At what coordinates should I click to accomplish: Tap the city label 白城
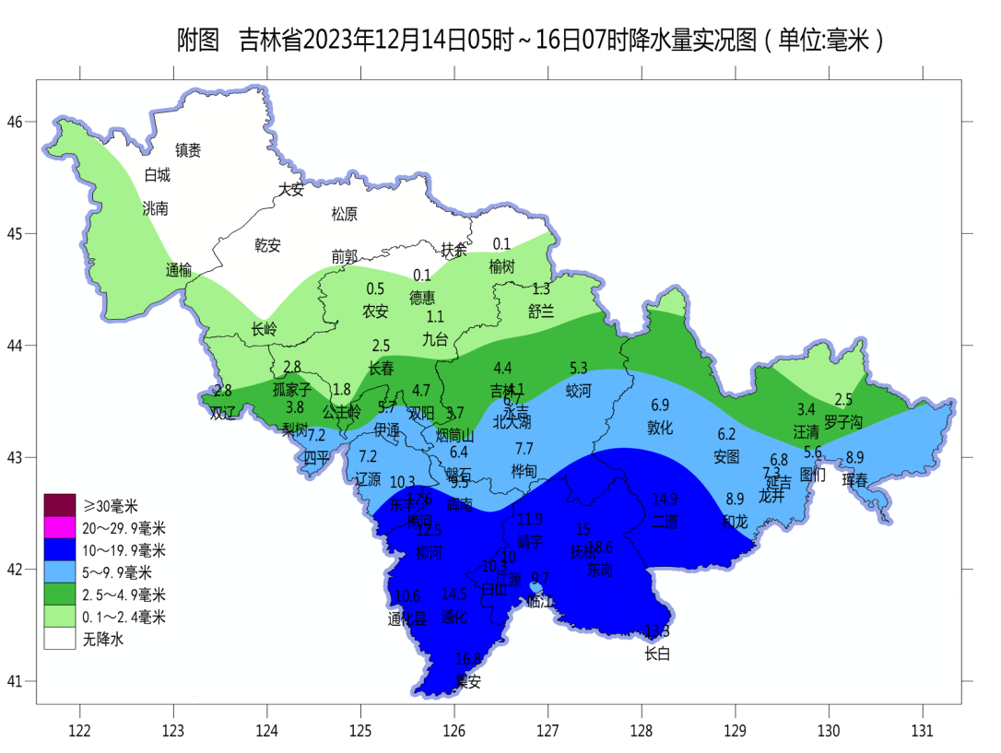pos(158,175)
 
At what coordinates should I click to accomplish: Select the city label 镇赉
pos(188,149)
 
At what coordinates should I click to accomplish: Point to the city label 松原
pos(344,214)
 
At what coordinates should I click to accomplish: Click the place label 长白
pos(656,653)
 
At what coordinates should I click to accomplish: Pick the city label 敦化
pos(660,428)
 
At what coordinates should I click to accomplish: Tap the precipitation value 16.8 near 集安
pos(469,659)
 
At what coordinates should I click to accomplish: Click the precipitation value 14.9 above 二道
pos(665,500)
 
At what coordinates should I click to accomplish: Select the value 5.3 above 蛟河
pos(579,368)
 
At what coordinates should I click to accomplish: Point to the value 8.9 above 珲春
pos(854,457)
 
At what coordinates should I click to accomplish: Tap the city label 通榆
pos(179,270)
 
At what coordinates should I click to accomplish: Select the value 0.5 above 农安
pos(375,288)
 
